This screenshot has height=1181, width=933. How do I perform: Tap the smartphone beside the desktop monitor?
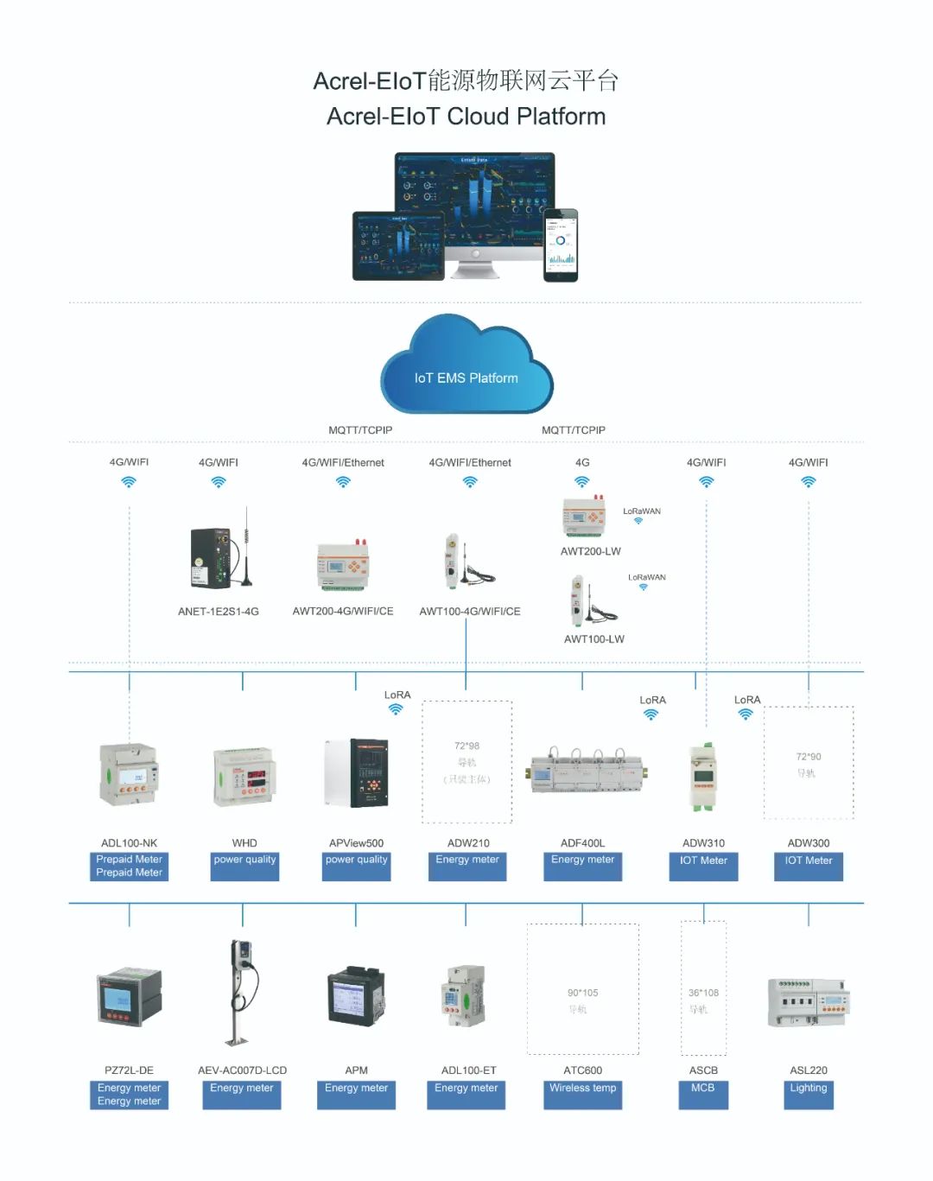pos(560,244)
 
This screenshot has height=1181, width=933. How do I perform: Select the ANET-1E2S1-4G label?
pos(218,612)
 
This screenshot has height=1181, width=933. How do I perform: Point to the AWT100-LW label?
pos(593,639)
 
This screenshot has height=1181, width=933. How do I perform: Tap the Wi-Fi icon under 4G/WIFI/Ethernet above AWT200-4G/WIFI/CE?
pos(343,482)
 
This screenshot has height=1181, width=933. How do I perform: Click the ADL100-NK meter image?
pos(130,775)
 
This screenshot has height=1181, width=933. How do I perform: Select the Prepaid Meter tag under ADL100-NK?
pos(129,866)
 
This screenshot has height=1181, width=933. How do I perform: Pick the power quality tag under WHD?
pos(244,860)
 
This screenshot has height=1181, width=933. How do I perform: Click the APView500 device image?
pos(357,772)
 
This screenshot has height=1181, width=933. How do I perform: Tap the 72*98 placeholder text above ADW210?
pos(466,746)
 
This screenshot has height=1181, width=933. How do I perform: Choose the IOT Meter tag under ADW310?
pos(703,861)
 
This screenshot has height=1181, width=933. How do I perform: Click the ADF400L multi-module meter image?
pos(587,770)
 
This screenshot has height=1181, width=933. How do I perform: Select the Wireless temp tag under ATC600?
pos(582,1089)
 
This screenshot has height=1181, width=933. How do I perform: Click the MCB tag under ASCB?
pos(703,1089)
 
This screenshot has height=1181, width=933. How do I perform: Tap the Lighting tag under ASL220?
pos(808,1089)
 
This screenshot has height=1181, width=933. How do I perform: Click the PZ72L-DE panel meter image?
pos(130,996)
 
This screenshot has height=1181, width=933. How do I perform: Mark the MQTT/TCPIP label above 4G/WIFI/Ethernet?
pos(360,430)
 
